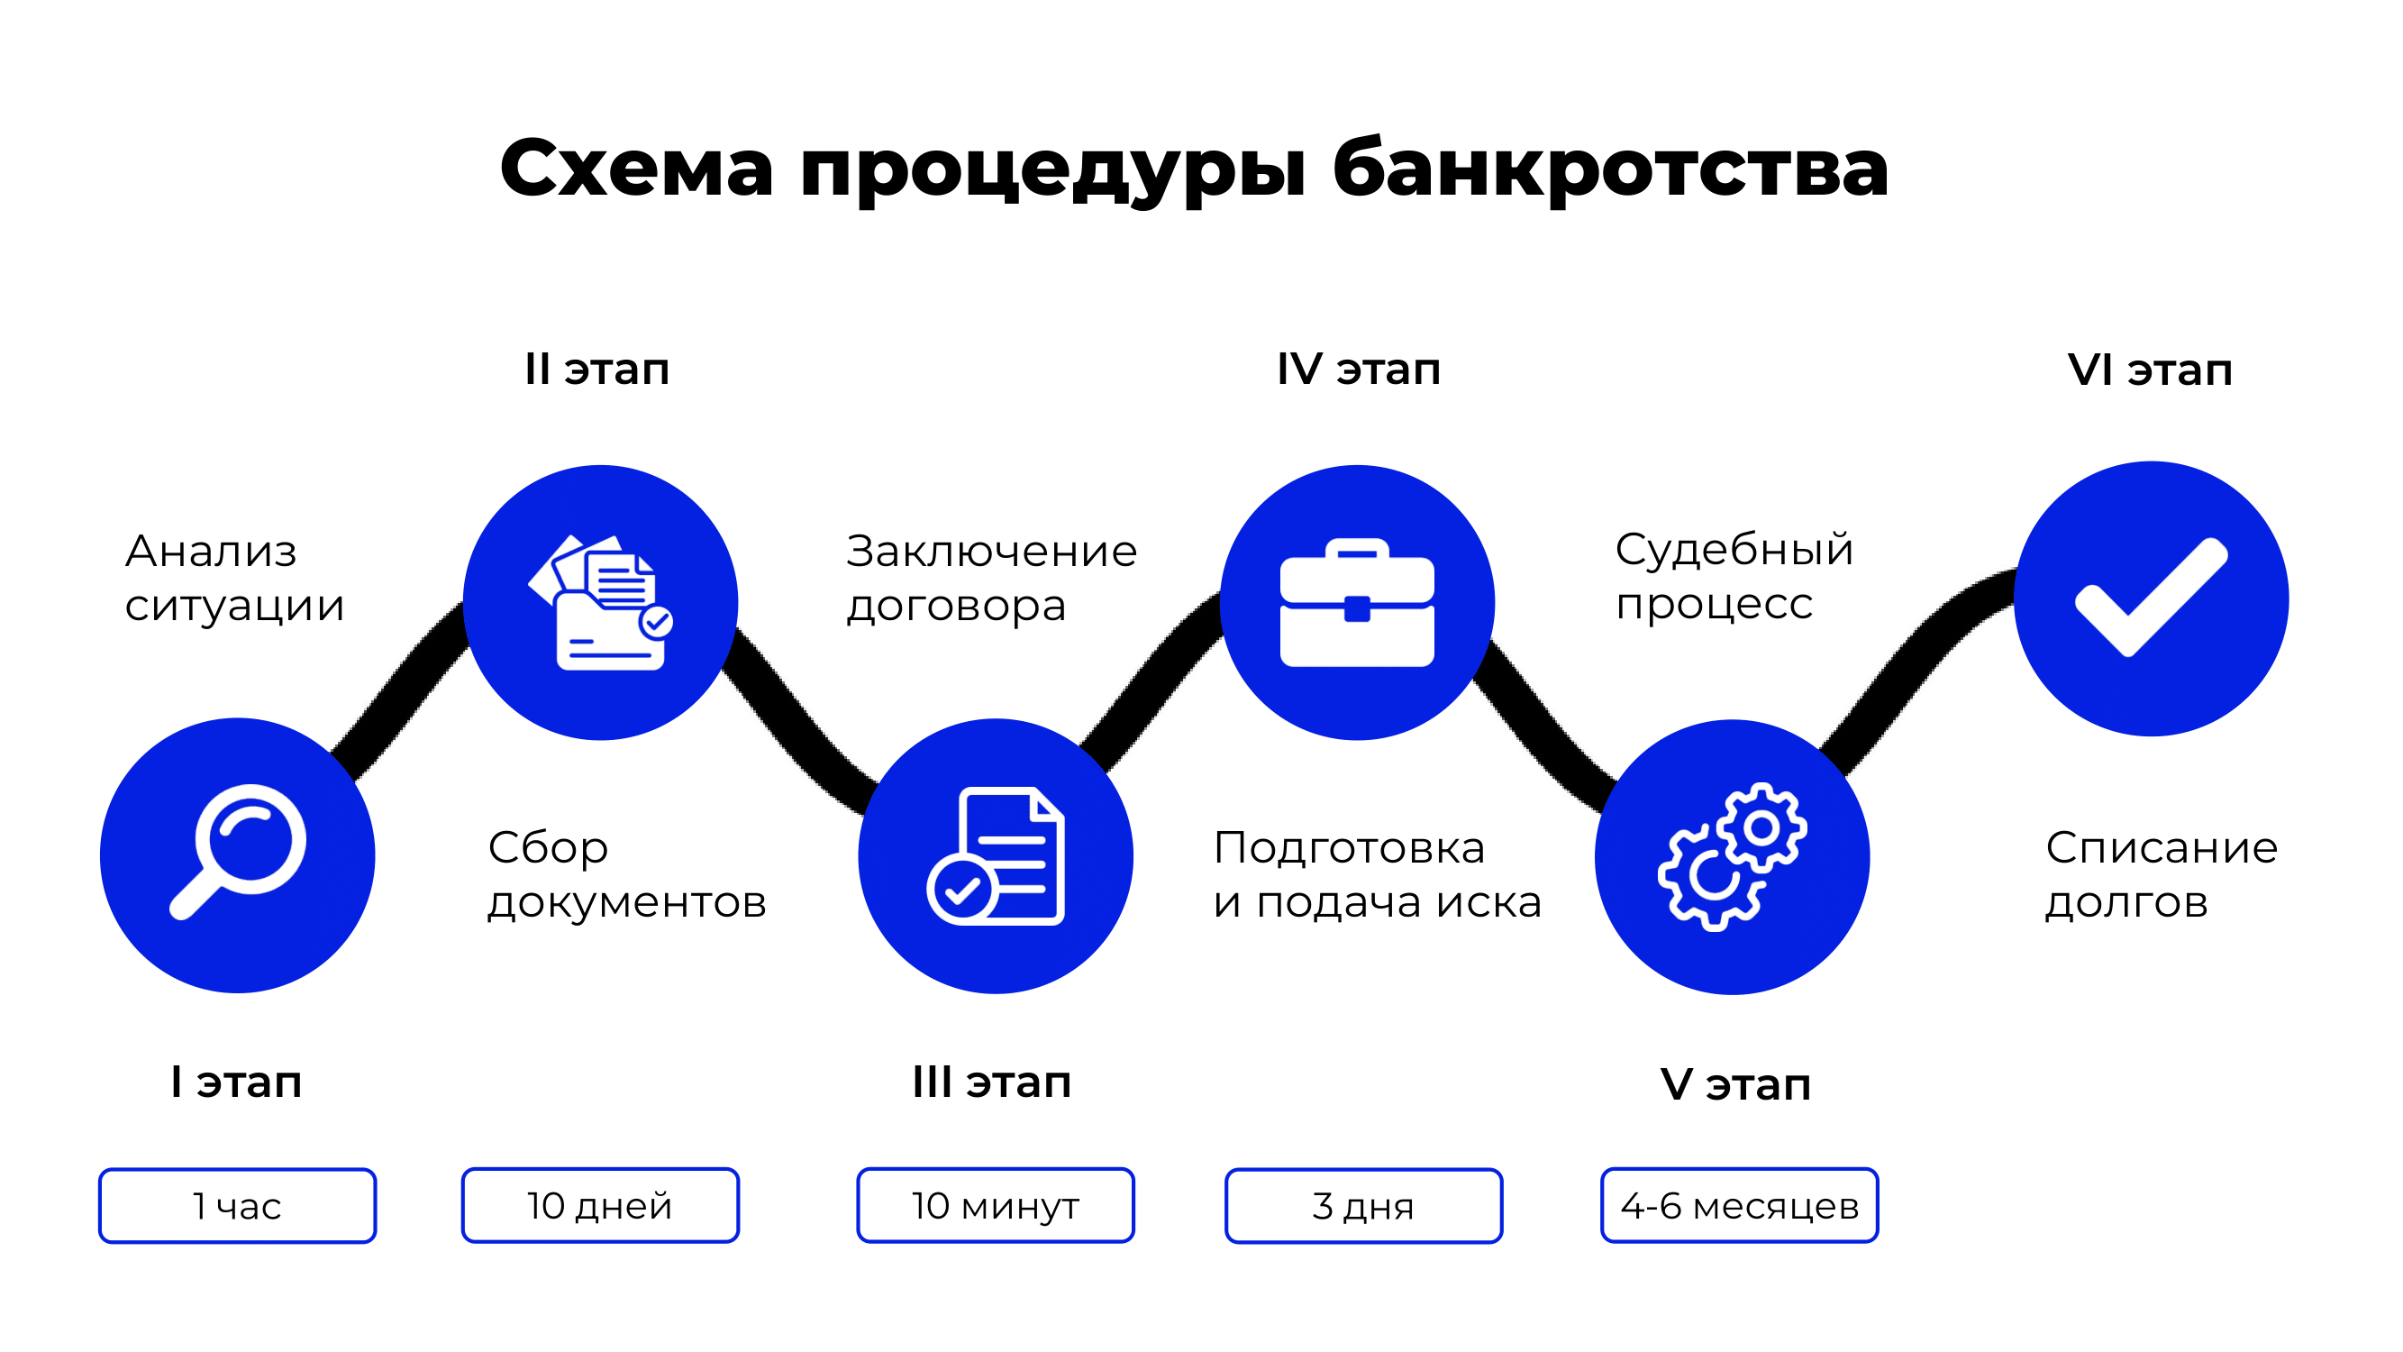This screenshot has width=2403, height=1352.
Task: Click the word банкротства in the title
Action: pyautogui.click(x=1610, y=168)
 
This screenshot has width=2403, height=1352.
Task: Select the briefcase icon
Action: pyautogui.click(x=1357, y=603)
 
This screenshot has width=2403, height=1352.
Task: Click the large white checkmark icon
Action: pyautogui.click(x=2151, y=598)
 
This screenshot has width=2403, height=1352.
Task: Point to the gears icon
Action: pyautogui.click(x=1733, y=856)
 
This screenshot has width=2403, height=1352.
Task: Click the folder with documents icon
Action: pyautogui.click(x=601, y=602)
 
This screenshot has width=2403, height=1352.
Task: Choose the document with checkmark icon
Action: pyautogui.click(x=996, y=855)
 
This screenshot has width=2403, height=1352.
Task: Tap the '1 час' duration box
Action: pyautogui.click(x=237, y=1205)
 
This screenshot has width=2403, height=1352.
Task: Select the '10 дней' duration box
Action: pyautogui.click(x=600, y=1205)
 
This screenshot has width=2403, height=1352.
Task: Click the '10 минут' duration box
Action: pyautogui.click(x=996, y=1205)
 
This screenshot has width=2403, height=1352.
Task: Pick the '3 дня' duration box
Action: pyautogui.click(x=1363, y=1205)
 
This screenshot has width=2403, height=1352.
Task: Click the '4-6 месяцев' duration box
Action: pyautogui.click(x=1740, y=1205)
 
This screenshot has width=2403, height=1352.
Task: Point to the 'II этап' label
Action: pyautogui.click(x=597, y=370)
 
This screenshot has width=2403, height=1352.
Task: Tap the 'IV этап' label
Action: pyautogui.click(x=1358, y=370)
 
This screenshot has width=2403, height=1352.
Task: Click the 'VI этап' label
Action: pyautogui.click(x=2150, y=370)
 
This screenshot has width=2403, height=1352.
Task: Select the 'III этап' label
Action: pyautogui.click(x=992, y=1083)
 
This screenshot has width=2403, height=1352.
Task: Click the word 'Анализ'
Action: pyautogui.click(x=211, y=551)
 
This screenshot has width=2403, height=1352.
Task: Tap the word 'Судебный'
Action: pyautogui.click(x=1734, y=549)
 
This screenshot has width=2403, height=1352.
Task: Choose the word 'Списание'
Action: pyautogui.click(x=2162, y=847)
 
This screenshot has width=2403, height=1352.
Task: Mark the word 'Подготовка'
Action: pyautogui.click(x=1349, y=847)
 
